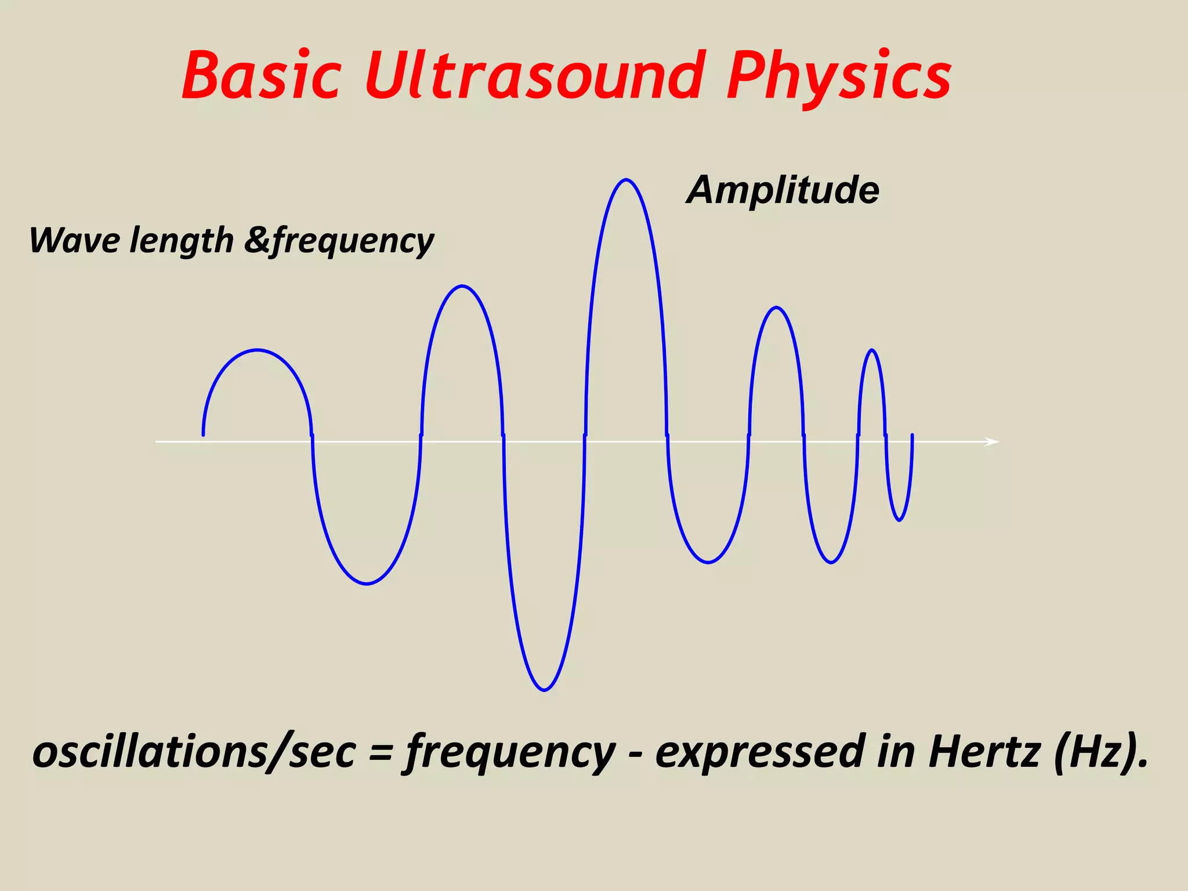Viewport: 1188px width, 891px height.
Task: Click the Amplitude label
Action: (783, 190)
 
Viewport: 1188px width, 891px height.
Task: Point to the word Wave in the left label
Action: (74, 240)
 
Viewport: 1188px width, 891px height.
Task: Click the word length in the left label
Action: (182, 241)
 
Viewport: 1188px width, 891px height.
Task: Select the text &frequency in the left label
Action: (339, 241)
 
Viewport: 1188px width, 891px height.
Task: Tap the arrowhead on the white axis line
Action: (993, 442)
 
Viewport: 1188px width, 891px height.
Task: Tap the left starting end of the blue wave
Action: (203, 434)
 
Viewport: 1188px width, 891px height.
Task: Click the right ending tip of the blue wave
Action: (912, 435)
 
